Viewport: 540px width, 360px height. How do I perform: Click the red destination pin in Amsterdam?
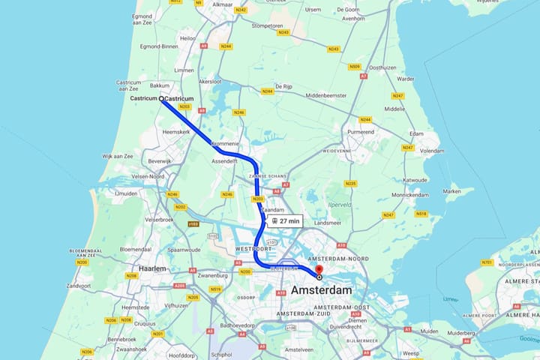coord(319,270)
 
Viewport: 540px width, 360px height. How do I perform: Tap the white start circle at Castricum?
coord(161,99)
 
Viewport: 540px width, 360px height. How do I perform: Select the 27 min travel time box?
coord(286,220)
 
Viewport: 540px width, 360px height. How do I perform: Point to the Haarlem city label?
coord(152,268)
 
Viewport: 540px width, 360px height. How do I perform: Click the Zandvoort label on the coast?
coord(79,286)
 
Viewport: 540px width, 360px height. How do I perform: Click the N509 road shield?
coord(355,67)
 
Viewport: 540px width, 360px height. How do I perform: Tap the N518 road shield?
coord(421,214)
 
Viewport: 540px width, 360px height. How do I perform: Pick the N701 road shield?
coord(487,262)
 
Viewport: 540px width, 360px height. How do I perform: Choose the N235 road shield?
coord(350,183)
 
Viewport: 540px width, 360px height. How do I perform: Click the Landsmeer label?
coord(328,223)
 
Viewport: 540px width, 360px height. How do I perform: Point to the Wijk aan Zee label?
coord(118,155)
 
